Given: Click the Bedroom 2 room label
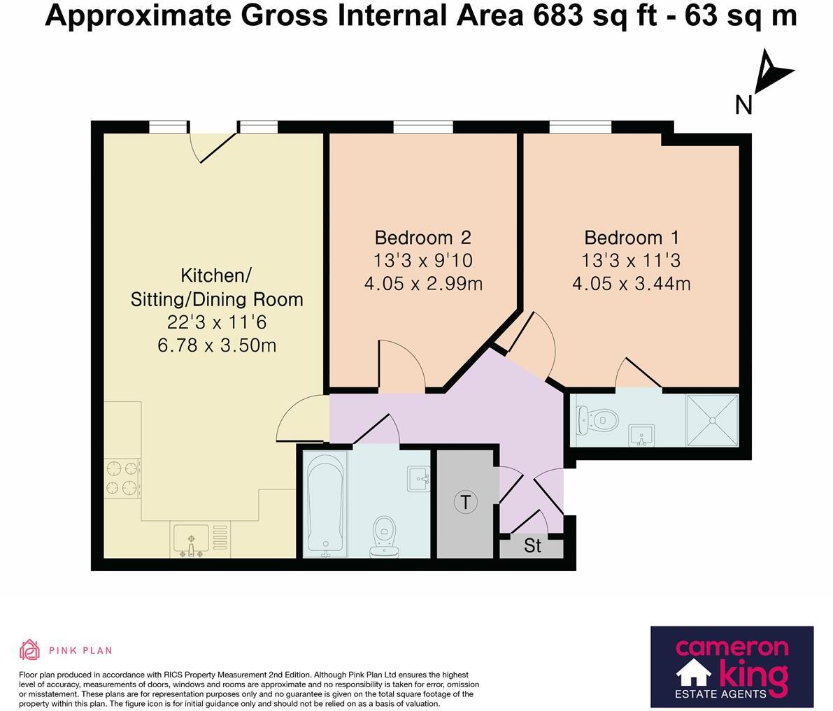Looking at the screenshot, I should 422,237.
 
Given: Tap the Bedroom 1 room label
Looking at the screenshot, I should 632,237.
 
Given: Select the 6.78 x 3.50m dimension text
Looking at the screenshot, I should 216,345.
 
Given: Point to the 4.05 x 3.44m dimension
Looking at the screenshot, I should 632,284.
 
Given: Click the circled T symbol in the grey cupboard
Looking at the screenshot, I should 465,501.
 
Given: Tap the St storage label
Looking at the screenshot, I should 532,546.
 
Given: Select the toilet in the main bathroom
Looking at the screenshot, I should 383,537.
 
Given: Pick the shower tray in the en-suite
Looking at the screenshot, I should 712,420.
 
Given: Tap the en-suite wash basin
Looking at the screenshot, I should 641,435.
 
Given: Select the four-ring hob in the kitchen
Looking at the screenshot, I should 122,478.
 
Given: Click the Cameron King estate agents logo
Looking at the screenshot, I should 732,666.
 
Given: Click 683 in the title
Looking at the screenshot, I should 557,15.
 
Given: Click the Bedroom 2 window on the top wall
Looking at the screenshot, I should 422,127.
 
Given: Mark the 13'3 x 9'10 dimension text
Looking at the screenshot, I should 422,261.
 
